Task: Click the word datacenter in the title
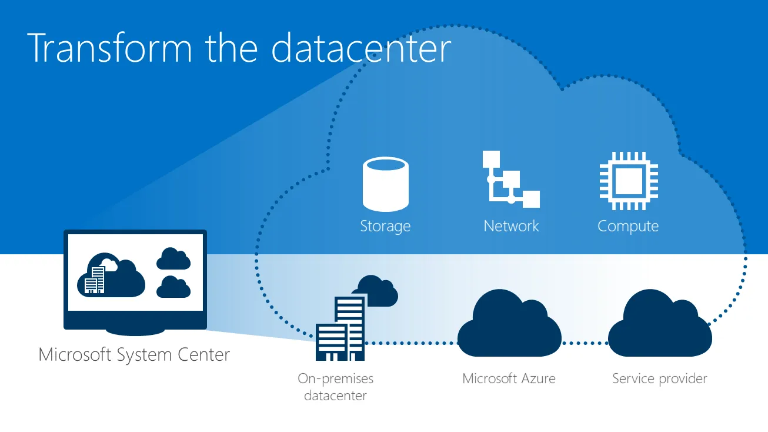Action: (361, 48)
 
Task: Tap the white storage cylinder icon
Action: (385, 184)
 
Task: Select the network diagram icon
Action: (511, 179)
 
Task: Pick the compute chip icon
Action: (629, 181)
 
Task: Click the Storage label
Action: (385, 226)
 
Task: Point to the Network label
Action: (511, 226)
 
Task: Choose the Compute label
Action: (628, 227)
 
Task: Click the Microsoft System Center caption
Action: (134, 355)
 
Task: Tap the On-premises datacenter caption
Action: (335, 387)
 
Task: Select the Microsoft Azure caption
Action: (509, 378)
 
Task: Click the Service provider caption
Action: (660, 379)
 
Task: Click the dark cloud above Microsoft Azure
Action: (509, 323)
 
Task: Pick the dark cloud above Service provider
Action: (660, 323)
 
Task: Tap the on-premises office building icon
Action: (340, 329)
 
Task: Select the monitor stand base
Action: (135, 332)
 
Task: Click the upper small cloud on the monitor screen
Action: (173, 259)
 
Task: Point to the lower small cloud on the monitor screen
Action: (173, 287)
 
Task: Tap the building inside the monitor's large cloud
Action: (95, 280)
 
